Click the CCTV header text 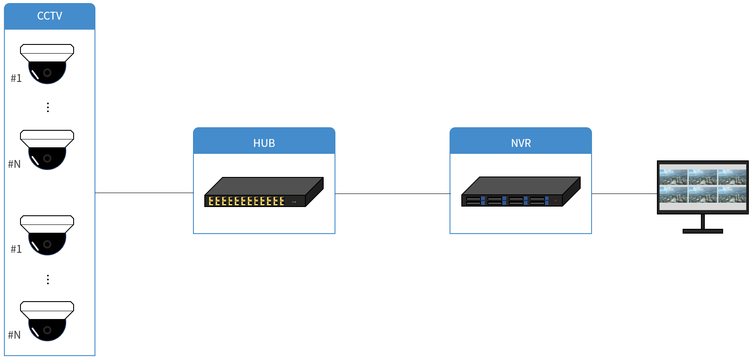[x=50, y=16]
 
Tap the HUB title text [x=264, y=143]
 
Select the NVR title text [x=521, y=143]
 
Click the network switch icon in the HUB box [x=264, y=192]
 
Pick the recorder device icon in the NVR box [x=521, y=192]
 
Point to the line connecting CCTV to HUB [x=144, y=193]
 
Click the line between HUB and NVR [x=392, y=194]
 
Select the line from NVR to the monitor [x=624, y=194]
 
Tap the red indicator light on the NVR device [x=555, y=200]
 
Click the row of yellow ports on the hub [x=246, y=201]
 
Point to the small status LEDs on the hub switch [x=294, y=202]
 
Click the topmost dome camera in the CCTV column [x=47, y=64]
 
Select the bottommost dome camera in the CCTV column [x=47, y=321]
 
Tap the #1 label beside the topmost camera [x=16, y=78]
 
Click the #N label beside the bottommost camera [x=14, y=335]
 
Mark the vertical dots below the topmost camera [x=48, y=107]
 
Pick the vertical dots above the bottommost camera [x=48, y=279]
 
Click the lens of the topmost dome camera [x=47, y=73]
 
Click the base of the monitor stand [x=703, y=231]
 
